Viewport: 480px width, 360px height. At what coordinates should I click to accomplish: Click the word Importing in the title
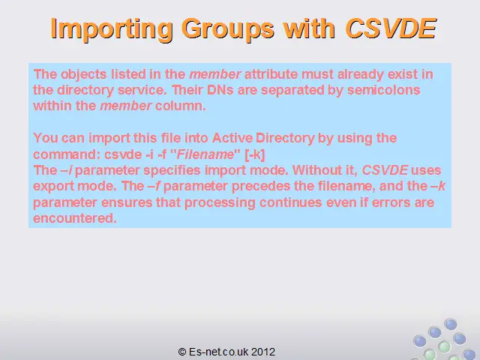coord(112,29)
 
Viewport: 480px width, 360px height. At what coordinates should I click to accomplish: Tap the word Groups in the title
coord(228,29)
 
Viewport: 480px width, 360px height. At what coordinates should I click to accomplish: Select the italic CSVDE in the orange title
coord(391,28)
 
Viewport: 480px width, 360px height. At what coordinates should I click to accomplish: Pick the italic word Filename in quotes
coord(205,154)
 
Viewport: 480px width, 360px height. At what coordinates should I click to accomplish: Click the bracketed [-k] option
coord(255,154)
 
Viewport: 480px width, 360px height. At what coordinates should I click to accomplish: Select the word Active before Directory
coord(232,138)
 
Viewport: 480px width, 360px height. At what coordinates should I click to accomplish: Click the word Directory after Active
coord(285,138)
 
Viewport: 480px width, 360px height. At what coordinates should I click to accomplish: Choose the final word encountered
coord(75,218)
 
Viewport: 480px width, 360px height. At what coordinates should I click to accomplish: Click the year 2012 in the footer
coord(263,352)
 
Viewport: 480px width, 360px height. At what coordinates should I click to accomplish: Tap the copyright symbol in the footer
coord(182,352)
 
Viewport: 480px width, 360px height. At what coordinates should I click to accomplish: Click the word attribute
coord(271,74)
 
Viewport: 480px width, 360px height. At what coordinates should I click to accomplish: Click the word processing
coord(220,203)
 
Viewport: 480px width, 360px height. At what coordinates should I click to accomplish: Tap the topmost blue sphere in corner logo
coord(451,324)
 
